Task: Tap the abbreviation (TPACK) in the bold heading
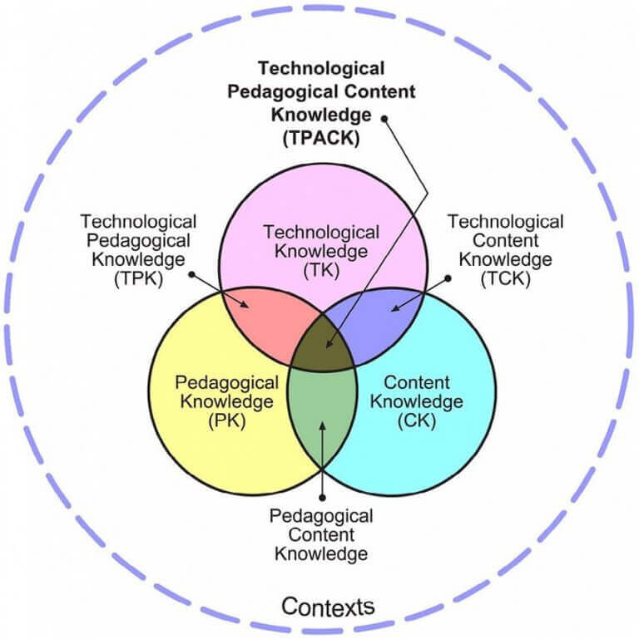point(320,139)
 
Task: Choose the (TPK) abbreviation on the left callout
point(138,279)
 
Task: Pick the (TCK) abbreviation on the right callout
point(505,279)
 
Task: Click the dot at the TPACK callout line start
point(384,118)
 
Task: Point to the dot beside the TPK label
point(192,273)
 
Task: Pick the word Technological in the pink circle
point(320,232)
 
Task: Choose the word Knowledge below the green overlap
point(321,553)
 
